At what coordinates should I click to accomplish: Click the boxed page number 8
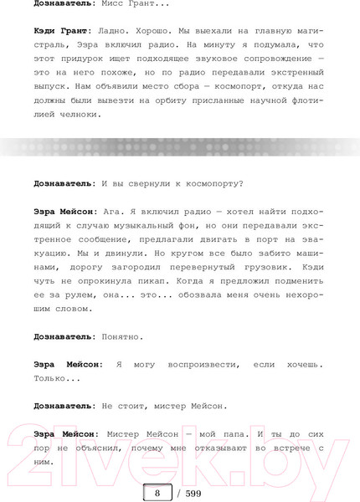pos(157,493)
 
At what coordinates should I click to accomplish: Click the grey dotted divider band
pos(180,147)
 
